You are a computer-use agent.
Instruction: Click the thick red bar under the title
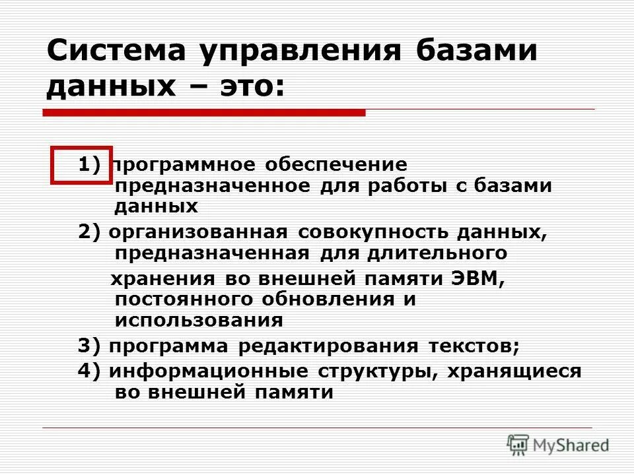tap(204, 113)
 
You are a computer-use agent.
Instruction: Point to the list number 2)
tap(90, 233)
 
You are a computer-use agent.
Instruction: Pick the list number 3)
tap(90, 346)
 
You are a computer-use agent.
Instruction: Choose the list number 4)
tap(90, 371)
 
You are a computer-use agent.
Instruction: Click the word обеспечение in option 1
tap(336, 165)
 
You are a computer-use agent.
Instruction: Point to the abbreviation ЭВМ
tap(477, 278)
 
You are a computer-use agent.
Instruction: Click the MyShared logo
tap(558, 445)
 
